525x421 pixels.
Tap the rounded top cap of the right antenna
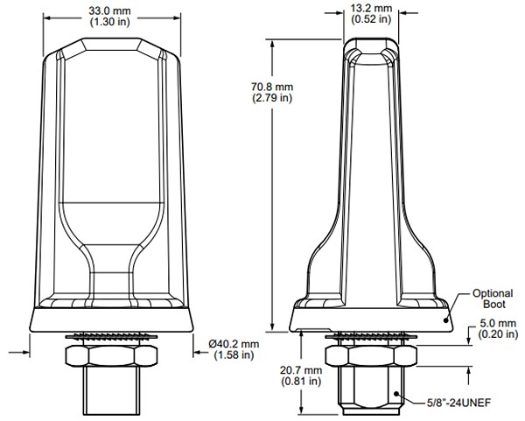click(x=371, y=44)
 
